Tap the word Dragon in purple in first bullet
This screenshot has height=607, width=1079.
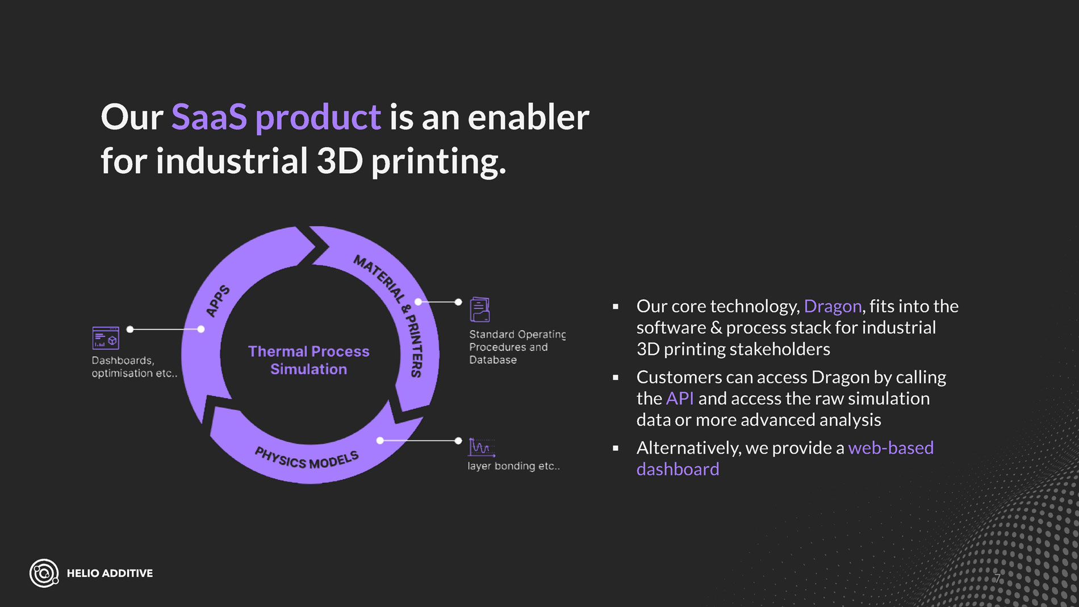point(833,307)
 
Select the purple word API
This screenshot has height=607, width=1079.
point(680,399)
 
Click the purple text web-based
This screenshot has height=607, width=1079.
point(890,448)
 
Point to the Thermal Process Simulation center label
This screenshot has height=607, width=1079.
point(308,360)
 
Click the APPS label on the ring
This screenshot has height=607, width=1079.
point(218,301)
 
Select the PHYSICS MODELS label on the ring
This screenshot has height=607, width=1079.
point(307,459)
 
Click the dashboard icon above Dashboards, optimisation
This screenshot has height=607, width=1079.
point(106,338)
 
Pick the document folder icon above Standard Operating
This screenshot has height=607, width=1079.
point(480,309)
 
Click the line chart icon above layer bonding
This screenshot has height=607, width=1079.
point(482,447)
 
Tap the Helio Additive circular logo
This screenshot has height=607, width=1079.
point(44,573)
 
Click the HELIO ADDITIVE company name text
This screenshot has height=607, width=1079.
point(110,573)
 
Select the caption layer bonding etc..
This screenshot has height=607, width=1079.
point(513,466)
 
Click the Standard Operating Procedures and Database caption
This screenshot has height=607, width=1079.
point(517,347)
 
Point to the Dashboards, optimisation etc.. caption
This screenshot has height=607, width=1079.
point(135,367)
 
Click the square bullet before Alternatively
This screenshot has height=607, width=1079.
point(616,448)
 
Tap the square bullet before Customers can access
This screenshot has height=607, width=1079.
point(616,377)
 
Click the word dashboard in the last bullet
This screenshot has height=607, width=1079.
point(677,470)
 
